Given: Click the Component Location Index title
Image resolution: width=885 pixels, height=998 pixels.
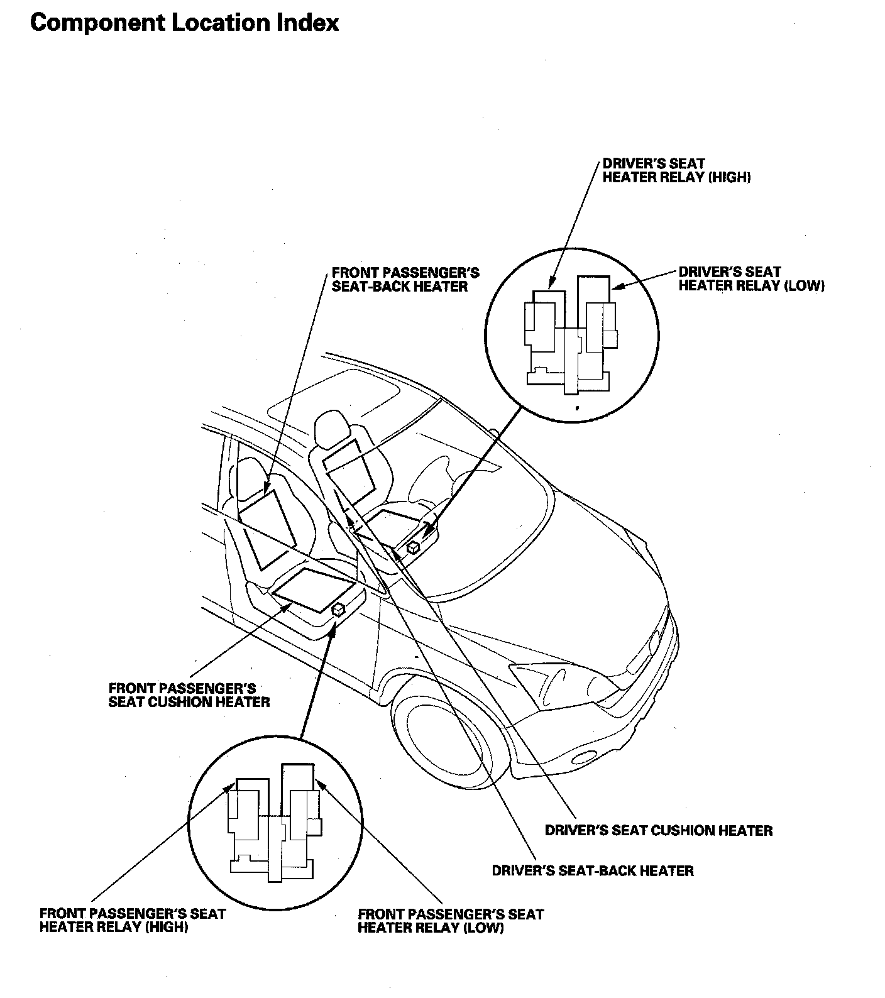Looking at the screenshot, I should [x=184, y=23].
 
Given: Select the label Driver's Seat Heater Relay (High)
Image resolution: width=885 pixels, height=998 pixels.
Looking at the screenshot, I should [x=676, y=170].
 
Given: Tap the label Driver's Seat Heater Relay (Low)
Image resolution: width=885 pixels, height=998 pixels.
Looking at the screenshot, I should [x=751, y=279].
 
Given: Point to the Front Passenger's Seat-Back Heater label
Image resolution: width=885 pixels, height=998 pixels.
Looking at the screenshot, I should [x=405, y=280].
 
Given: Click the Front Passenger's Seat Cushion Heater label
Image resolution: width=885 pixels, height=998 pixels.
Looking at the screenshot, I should [x=189, y=695].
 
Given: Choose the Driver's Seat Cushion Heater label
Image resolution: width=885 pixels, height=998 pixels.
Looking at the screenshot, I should [x=658, y=830].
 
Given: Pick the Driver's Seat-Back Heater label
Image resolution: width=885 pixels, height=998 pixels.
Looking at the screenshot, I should [x=592, y=870].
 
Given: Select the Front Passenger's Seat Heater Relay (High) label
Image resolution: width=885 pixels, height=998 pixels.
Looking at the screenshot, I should [x=132, y=920].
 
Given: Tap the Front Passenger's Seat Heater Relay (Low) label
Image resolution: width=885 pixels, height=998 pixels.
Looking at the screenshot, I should [x=450, y=921].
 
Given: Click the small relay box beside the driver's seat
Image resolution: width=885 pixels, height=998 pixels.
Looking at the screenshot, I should [x=413, y=547].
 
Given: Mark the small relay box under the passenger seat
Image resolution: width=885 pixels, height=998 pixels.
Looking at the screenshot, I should [x=338, y=608].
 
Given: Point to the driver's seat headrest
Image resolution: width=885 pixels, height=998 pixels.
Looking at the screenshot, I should [x=331, y=427].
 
